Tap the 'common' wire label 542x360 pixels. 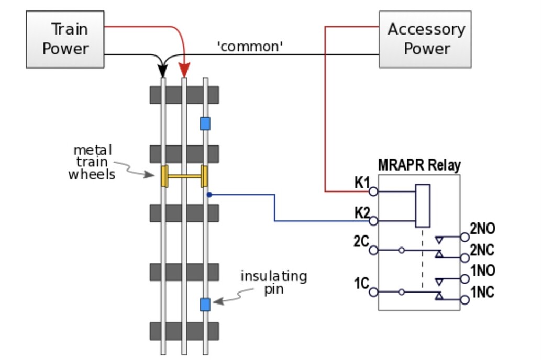pos(250,47)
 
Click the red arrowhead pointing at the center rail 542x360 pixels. pos(184,72)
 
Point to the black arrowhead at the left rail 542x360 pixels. pos(163,72)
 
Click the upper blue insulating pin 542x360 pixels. pos(205,123)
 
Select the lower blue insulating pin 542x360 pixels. pos(205,304)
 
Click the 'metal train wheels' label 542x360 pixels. pos(92,162)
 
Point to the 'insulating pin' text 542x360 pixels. pos(273,282)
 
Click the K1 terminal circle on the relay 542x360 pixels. pos(373,192)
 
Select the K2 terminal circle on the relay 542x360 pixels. pos(373,221)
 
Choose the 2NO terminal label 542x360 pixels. pos(482,229)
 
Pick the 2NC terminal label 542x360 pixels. pos(482,250)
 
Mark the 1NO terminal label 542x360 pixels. pos(482,271)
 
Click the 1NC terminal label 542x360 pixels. pos(482,292)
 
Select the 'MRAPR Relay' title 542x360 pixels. pos(419,166)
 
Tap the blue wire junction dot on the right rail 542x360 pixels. pos(209,195)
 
